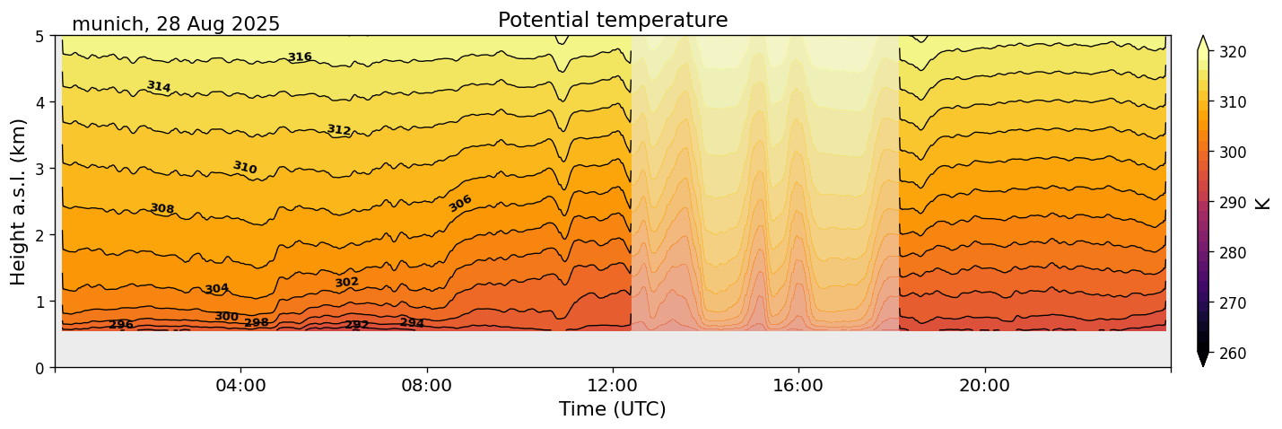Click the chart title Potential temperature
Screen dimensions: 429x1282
point(613,20)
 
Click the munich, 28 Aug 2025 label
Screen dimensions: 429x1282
point(176,24)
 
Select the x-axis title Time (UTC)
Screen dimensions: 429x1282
point(613,409)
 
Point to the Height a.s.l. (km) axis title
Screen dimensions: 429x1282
point(19,201)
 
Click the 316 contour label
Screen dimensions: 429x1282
point(300,57)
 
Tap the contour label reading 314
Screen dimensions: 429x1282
point(159,86)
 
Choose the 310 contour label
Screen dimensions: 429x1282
point(245,168)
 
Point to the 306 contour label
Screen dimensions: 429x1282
point(460,204)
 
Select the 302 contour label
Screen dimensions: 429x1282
point(347,283)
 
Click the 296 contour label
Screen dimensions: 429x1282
point(121,325)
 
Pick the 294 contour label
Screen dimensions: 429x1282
point(413,323)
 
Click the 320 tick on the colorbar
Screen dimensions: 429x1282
point(1232,53)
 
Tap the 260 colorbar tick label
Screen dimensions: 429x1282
point(1232,354)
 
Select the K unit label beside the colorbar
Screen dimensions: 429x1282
point(1263,203)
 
